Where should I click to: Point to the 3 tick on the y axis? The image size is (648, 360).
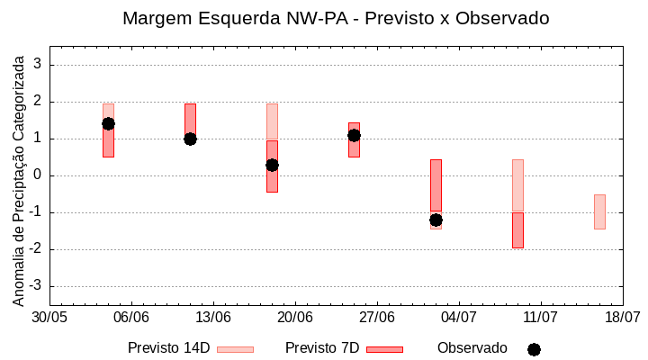[x=39, y=65]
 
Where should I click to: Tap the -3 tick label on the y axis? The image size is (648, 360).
[x=36, y=286]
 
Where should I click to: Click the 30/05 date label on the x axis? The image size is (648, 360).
[x=49, y=318]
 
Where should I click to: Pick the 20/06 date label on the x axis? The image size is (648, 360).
[x=295, y=318]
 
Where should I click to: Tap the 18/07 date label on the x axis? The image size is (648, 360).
[x=622, y=318]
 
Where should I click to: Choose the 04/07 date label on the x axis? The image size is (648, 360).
[x=459, y=318]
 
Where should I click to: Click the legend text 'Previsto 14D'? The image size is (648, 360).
[x=168, y=348]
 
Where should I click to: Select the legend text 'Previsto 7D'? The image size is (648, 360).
[x=322, y=348]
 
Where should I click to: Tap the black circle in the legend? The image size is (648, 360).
[x=534, y=349]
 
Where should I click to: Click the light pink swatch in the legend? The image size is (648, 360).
[x=235, y=349]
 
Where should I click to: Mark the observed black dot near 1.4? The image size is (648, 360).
[x=108, y=123]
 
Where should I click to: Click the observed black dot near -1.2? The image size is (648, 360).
[x=436, y=220]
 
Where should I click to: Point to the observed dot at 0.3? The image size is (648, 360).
[x=272, y=165]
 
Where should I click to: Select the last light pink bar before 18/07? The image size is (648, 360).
[x=599, y=211]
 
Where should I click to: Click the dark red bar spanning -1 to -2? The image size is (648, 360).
[x=517, y=230]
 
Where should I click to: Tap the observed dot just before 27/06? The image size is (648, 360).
[x=354, y=135]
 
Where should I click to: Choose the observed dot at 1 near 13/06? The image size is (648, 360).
[x=190, y=139]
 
